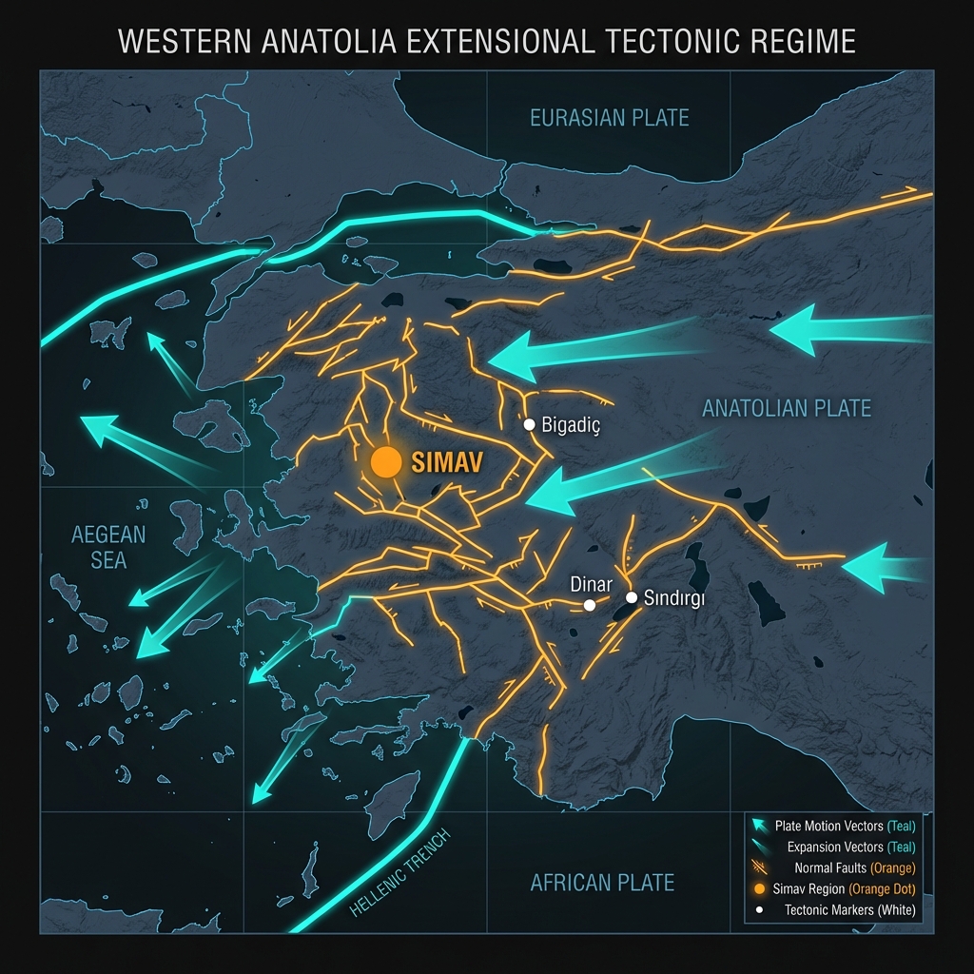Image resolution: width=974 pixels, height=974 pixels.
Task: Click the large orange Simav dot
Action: [x=386, y=461]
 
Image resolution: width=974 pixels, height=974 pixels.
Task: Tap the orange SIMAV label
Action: [x=446, y=462]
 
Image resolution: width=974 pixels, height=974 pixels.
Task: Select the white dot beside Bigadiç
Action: [x=530, y=424]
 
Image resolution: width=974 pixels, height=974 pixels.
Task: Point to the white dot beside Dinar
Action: [x=590, y=605]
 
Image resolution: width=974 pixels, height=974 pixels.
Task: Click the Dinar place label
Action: [x=590, y=584]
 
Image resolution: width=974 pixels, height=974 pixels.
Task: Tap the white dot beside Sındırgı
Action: [x=631, y=597]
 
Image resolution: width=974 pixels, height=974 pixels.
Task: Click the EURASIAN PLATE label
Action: [x=609, y=118]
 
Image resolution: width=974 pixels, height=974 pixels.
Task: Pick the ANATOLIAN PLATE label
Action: [x=786, y=409]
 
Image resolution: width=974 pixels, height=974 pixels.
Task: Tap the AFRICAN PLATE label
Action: [x=602, y=883]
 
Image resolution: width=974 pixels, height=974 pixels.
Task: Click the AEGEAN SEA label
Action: [x=108, y=547]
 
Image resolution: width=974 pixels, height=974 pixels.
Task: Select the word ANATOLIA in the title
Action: [x=313, y=42]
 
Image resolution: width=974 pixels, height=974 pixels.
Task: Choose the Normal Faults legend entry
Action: [x=854, y=867]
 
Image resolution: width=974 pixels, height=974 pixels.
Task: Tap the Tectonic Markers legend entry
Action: [x=850, y=910]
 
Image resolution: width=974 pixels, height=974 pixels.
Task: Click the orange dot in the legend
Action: [x=759, y=889]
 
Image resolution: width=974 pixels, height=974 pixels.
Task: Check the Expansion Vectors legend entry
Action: [x=851, y=847]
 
